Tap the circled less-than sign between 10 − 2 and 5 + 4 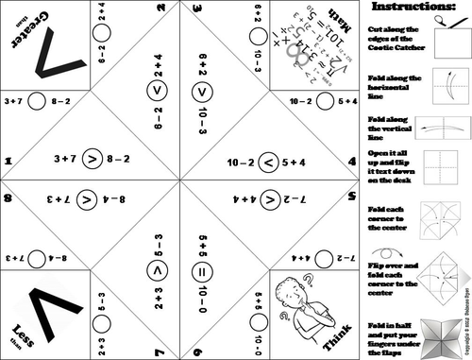[269, 163]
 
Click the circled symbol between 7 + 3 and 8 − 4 [86, 200]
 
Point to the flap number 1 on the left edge [8, 163]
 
